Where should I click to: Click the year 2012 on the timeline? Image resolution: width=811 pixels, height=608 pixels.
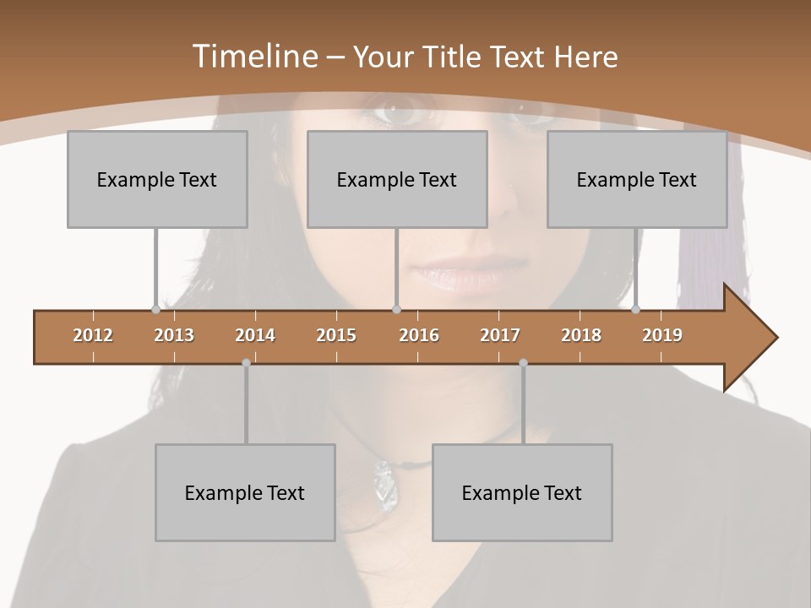(x=93, y=335)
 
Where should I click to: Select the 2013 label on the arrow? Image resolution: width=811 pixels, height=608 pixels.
(x=174, y=335)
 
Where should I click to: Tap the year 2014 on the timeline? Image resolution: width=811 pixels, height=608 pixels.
(x=255, y=335)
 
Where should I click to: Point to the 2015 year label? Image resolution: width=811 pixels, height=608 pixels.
(x=336, y=335)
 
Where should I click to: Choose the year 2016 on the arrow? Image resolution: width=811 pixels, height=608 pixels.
(x=419, y=335)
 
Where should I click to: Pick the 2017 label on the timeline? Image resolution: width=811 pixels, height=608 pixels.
(x=500, y=335)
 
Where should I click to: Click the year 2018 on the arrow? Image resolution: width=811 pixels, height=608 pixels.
(x=581, y=335)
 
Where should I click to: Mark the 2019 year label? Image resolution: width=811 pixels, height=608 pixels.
(x=662, y=335)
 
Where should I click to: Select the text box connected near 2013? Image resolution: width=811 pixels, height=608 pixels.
(x=157, y=179)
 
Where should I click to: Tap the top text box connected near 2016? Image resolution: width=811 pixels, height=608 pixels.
(x=397, y=179)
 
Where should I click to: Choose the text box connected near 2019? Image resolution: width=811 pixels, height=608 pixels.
(x=637, y=179)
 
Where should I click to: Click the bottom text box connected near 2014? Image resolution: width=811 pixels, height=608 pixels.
(x=245, y=492)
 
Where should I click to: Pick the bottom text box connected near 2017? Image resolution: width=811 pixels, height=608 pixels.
(x=522, y=492)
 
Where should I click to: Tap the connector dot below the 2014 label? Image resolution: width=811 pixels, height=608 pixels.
(x=246, y=363)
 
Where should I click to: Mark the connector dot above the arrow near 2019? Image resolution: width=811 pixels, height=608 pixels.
(x=636, y=310)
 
